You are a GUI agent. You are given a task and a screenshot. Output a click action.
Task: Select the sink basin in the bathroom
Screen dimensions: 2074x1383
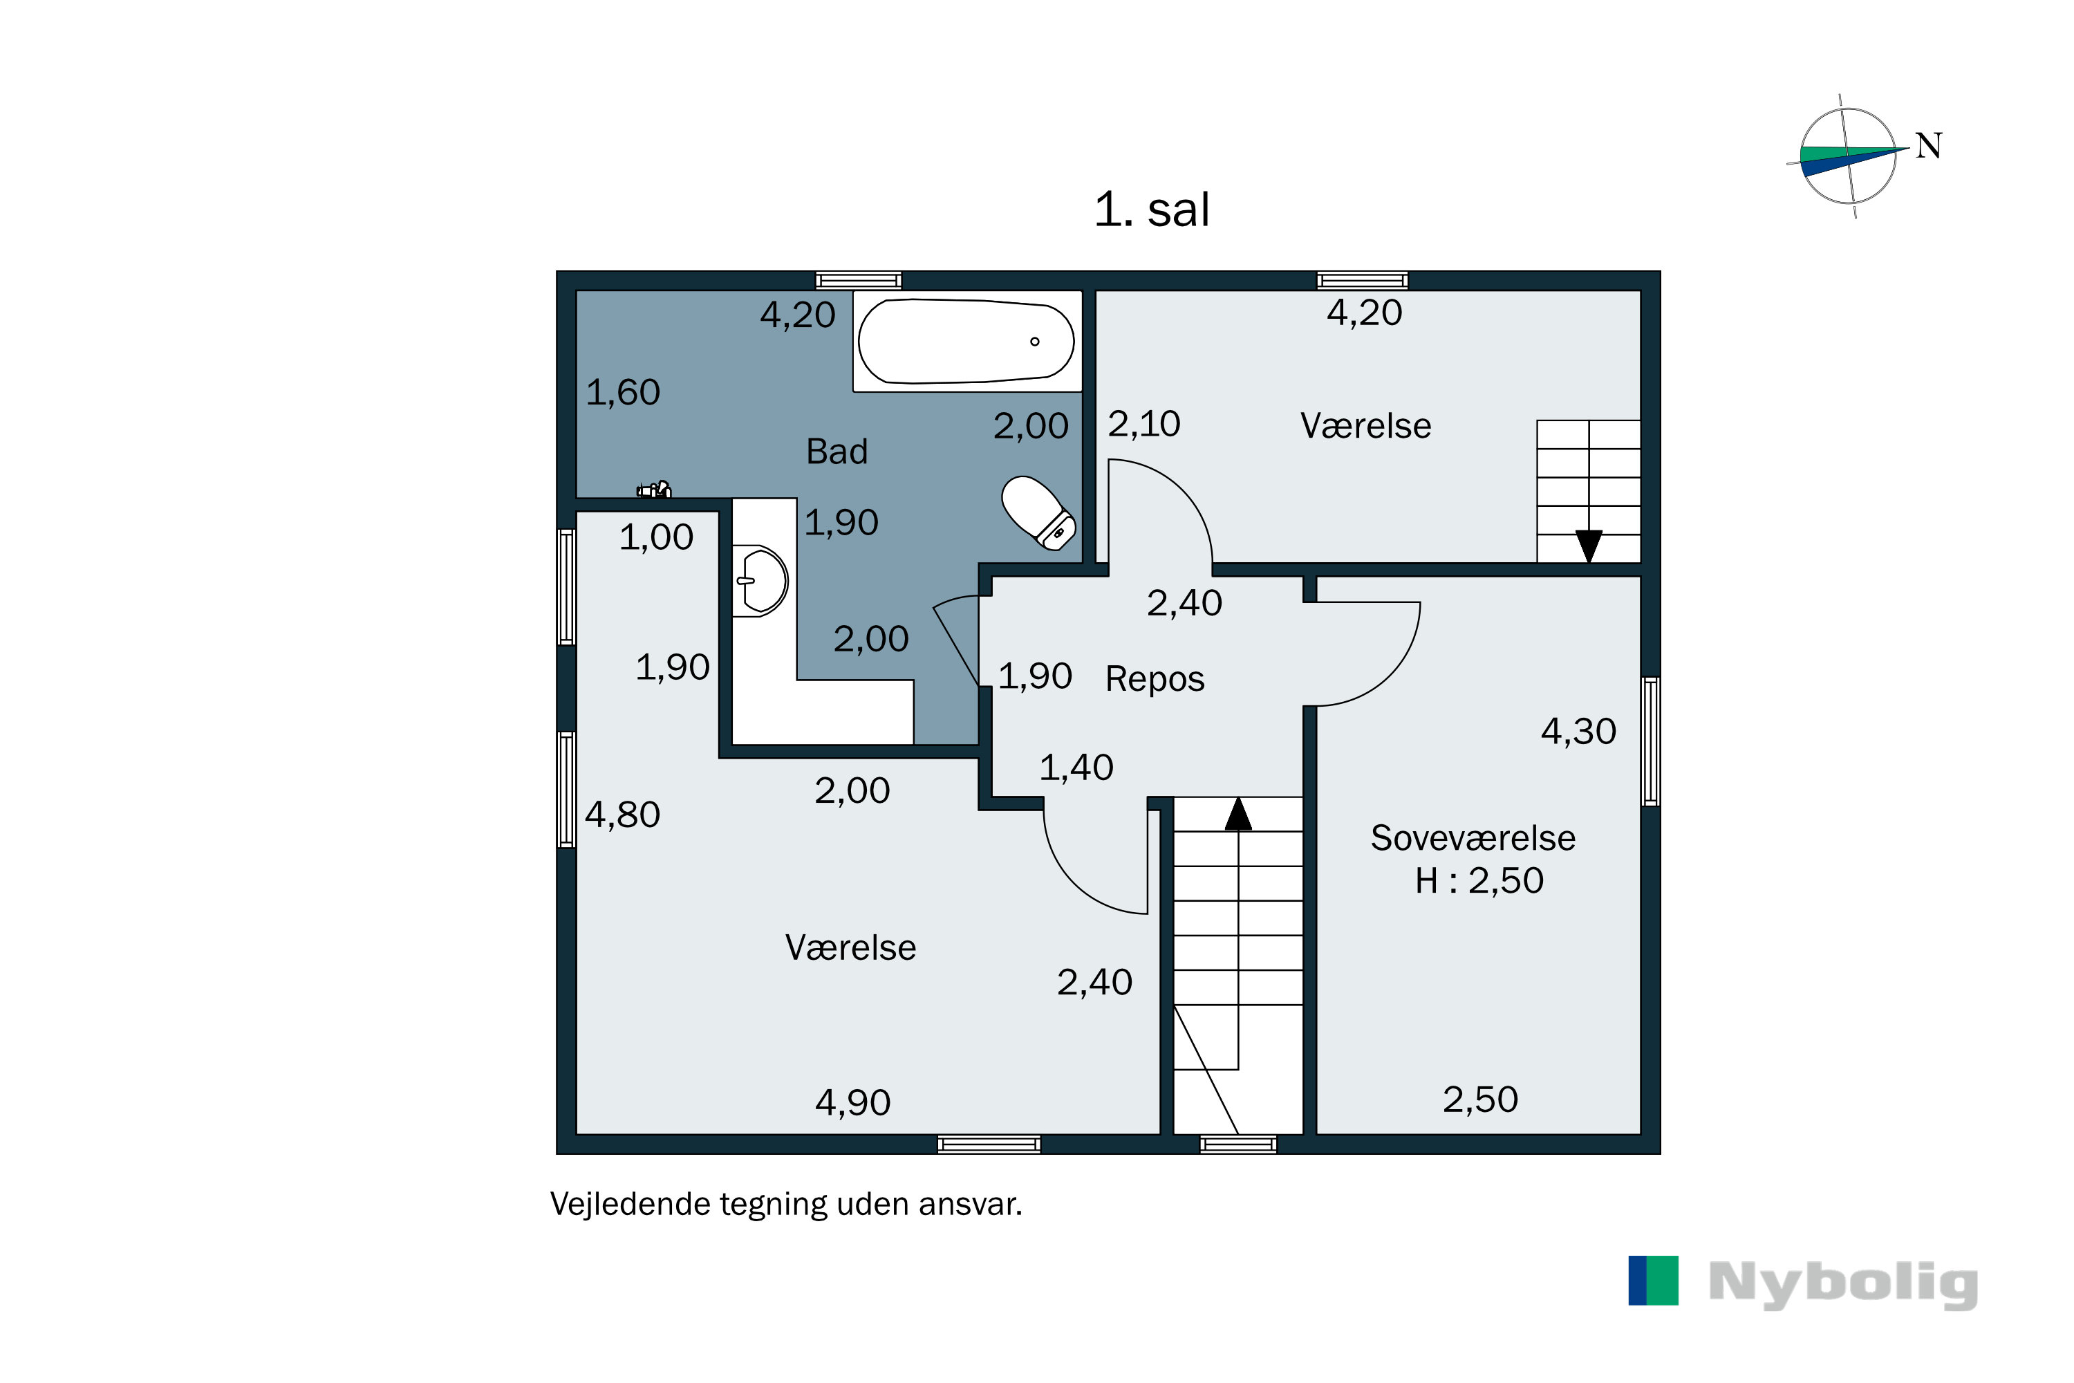tap(762, 580)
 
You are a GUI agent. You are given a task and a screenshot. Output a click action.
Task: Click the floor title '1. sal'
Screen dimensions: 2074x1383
tap(1151, 210)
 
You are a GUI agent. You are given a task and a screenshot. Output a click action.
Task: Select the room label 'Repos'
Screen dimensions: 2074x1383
tap(1155, 679)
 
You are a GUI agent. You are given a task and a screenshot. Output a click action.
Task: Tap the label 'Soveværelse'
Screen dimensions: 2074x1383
tap(1473, 838)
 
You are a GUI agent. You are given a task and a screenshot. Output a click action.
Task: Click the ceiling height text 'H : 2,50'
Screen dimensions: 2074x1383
tap(1479, 880)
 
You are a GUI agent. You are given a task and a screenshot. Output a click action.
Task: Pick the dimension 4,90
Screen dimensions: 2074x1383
tap(852, 1102)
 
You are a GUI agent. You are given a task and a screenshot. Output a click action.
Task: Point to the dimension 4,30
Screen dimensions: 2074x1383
tap(1578, 731)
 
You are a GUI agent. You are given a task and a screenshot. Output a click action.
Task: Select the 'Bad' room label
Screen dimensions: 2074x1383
tap(837, 452)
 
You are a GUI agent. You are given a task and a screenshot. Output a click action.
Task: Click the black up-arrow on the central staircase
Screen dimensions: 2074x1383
tap(1238, 813)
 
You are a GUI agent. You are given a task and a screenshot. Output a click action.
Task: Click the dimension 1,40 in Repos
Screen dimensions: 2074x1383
tap(1076, 768)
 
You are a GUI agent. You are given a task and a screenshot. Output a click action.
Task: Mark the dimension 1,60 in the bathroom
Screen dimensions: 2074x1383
tap(623, 393)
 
